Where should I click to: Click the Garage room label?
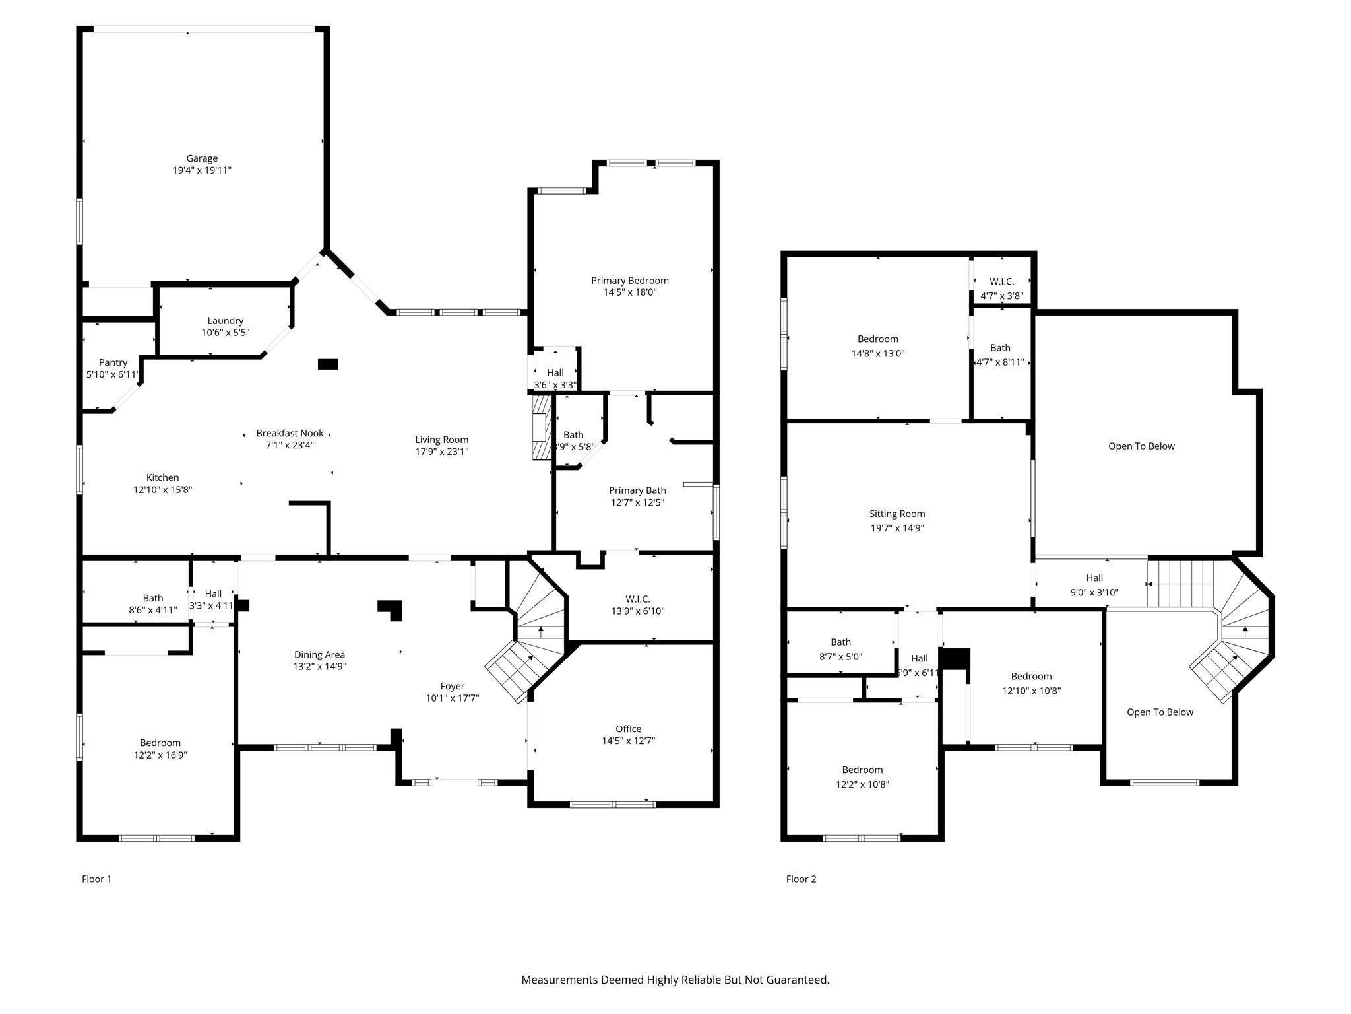tap(202, 158)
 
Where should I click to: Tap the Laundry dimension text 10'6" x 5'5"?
tap(226, 333)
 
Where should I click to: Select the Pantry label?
tap(113, 362)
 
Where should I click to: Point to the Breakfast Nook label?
tap(290, 433)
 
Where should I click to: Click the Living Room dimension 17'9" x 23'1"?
tap(442, 452)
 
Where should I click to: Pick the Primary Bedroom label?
tap(630, 281)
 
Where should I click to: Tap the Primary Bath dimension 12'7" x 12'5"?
tap(637, 502)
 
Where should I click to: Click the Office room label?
tap(629, 729)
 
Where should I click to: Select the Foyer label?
tap(453, 687)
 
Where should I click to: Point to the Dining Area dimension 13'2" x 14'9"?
tap(320, 667)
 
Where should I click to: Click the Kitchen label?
tap(162, 478)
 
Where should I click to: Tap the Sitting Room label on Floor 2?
tap(897, 514)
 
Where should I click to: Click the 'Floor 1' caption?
tap(96, 879)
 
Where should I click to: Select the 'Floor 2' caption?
tap(801, 879)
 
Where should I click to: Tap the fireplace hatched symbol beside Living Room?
tap(542, 427)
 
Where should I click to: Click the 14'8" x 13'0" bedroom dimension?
tap(878, 353)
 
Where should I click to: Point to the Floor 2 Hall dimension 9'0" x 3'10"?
tap(1094, 592)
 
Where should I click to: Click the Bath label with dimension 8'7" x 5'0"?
tap(840, 642)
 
